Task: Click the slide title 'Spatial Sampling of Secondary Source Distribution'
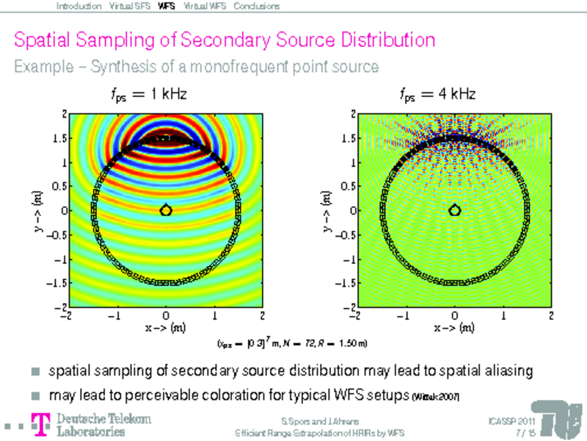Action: (x=225, y=40)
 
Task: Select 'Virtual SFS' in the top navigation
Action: (x=129, y=6)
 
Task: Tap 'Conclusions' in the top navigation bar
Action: (x=257, y=6)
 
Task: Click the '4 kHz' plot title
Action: (x=438, y=95)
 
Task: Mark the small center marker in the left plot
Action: (x=166, y=210)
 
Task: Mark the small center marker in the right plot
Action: (x=455, y=210)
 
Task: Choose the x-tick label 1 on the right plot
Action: (x=503, y=316)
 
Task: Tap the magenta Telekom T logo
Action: (x=42, y=424)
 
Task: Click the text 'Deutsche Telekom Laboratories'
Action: (x=103, y=425)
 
